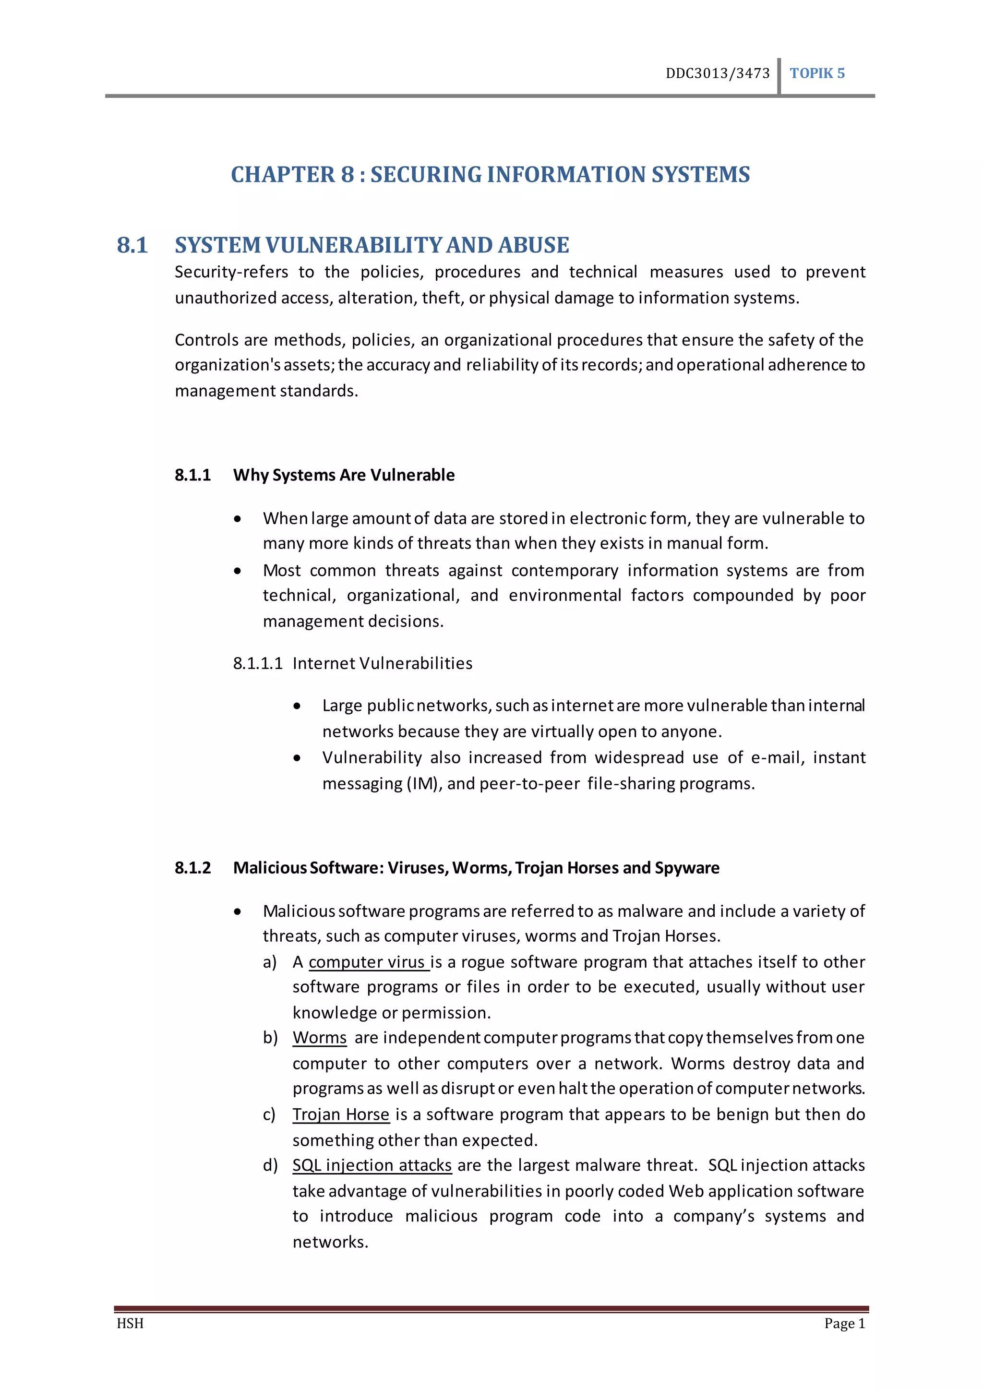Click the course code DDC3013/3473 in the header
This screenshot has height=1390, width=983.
coord(717,73)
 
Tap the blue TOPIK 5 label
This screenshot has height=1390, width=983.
coord(816,73)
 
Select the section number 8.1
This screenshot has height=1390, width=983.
coord(132,245)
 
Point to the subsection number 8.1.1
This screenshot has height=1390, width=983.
coord(192,475)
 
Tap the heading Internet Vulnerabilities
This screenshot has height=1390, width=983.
coord(382,663)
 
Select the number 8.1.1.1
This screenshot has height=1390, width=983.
coord(258,663)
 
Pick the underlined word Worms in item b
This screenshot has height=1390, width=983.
coord(320,1038)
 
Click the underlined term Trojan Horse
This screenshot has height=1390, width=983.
coord(341,1114)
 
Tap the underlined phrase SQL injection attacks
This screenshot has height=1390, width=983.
coord(372,1165)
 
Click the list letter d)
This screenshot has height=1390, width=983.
coord(270,1165)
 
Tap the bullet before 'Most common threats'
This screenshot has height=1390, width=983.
coord(238,571)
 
